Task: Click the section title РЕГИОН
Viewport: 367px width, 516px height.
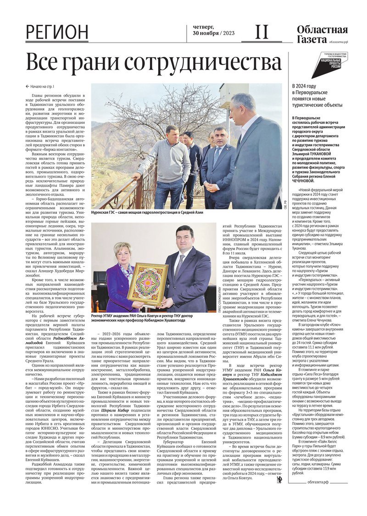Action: coord(57,33)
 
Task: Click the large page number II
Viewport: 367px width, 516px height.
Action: coord(261,32)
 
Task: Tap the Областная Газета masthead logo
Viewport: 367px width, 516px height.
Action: coord(322,34)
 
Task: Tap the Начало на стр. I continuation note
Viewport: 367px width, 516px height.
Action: coord(40,86)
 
